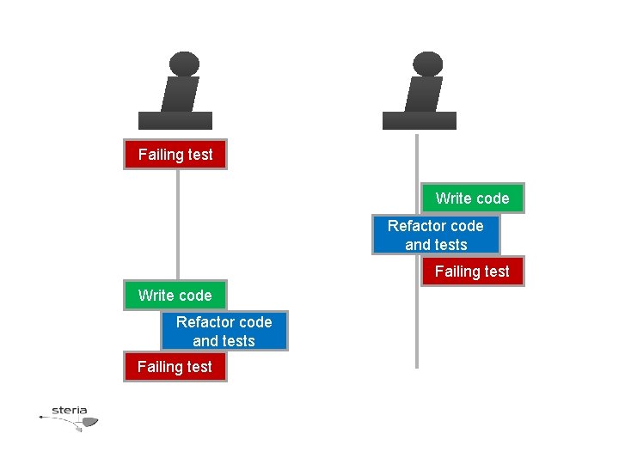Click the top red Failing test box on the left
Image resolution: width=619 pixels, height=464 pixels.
pos(175,155)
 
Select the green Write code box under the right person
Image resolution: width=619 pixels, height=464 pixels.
pos(472,198)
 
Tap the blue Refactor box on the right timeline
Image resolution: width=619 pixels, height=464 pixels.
pos(436,235)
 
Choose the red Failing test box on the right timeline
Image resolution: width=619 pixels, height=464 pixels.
pos(472,272)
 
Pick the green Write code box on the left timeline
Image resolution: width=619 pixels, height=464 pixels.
pos(175,296)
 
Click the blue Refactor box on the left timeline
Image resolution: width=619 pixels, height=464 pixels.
pos(224,332)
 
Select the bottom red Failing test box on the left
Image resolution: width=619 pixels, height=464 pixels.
pos(175,367)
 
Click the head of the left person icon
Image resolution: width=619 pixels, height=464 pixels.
pos(184,64)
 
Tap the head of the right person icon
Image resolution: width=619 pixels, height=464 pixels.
pos(427,64)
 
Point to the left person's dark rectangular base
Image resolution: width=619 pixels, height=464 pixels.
pos(175,120)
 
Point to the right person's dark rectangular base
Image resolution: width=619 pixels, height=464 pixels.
pos(419,120)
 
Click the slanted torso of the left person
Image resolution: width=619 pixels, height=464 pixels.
pos(180,94)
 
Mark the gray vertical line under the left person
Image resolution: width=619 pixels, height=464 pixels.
pos(178,223)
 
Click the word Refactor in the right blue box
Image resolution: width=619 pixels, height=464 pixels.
pos(417,226)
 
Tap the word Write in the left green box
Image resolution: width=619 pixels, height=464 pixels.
pos(156,296)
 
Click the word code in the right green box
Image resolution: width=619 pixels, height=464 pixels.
pos(492,198)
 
